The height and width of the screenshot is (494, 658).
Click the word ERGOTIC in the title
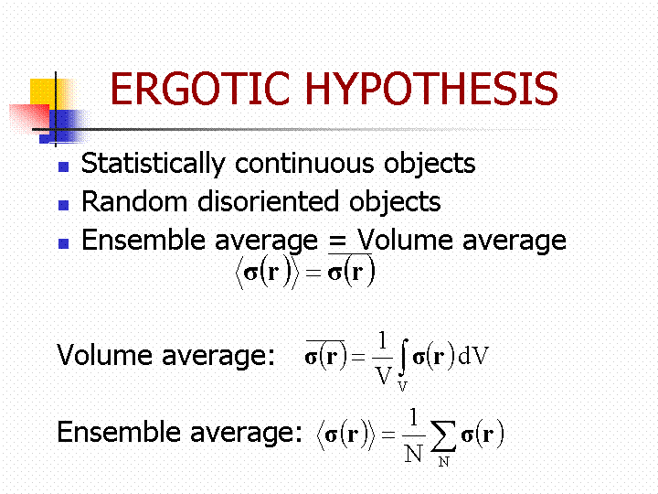click(200, 88)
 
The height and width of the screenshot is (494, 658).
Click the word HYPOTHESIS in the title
click(432, 88)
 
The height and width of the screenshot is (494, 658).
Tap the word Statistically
click(154, 164)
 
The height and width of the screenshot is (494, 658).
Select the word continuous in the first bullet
click(304, 164)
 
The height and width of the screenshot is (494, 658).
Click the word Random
click(134, 201)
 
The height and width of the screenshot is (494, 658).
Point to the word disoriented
click(268, 201)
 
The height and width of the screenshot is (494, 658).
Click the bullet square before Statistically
click(63, 166)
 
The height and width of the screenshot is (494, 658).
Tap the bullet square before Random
click(63, 205)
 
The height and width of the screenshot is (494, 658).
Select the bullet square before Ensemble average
click(63, 243)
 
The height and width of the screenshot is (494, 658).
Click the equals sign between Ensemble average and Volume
click(337, 242)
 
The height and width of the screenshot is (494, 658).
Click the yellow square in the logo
click(51, 94)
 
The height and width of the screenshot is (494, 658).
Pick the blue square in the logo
click(63, 127)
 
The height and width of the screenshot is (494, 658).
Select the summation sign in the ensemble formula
click(443, 436)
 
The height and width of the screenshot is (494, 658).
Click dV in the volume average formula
click(473, 356)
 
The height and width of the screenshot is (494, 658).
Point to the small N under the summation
click(443, 462)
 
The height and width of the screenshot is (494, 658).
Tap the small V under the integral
click(402, 386)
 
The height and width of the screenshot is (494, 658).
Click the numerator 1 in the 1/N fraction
click(414, 417)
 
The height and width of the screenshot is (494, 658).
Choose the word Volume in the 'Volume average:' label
click(104, 355)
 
